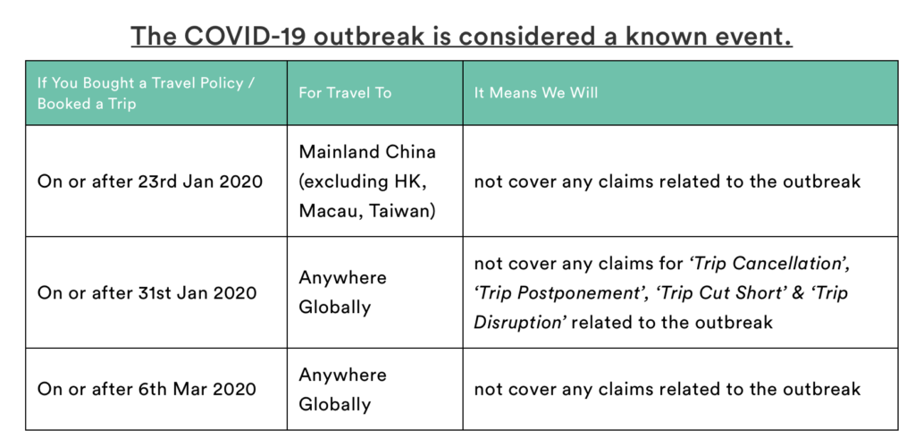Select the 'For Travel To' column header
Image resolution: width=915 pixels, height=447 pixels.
tap(345, 93)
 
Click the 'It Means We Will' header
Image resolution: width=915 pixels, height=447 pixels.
tap(536, 93)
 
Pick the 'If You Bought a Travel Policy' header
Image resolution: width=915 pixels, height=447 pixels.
tap(146, 83)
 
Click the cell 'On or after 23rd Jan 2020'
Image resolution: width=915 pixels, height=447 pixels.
tap(150, 181)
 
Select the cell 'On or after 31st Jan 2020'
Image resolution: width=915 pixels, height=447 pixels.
tap(147, 292)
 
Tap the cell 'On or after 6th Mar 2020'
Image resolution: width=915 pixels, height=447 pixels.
tap(147, 389)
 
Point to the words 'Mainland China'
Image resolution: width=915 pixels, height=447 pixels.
tap(367, 152)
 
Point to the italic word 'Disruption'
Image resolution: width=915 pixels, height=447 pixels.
tap(517, 323)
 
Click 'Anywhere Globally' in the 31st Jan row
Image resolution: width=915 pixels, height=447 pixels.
tap(342, 292)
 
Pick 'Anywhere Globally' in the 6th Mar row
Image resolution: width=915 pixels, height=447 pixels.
tap(342, 389)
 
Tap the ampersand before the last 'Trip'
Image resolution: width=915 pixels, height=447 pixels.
tap(798, 293)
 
